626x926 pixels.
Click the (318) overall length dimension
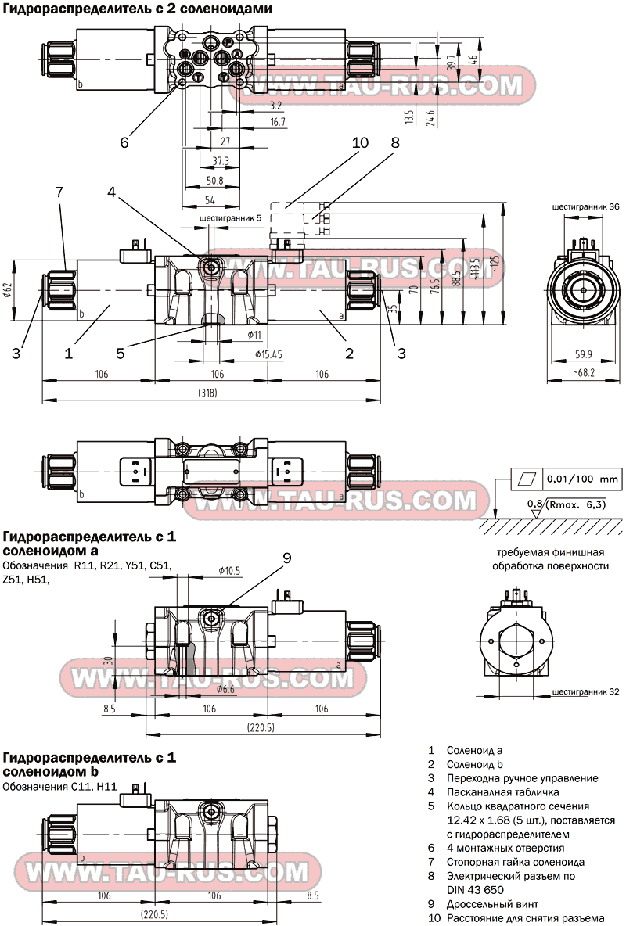[x=207, y=393]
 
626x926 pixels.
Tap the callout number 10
[x=360, y=142]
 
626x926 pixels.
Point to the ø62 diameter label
[x=8, y=291]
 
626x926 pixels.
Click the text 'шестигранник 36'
[x=585, y=206]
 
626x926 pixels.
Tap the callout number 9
[x=287, y=558]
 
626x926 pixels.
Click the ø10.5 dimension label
[x=230, y=570]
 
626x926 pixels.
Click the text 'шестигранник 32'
[x=585, y=692]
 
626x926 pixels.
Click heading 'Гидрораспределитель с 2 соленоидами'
[x=138, y=9]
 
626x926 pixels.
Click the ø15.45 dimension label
[x=268, y=354]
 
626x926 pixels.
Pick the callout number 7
[x=59, y=192]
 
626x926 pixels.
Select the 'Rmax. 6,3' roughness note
[x=577, y=504]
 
